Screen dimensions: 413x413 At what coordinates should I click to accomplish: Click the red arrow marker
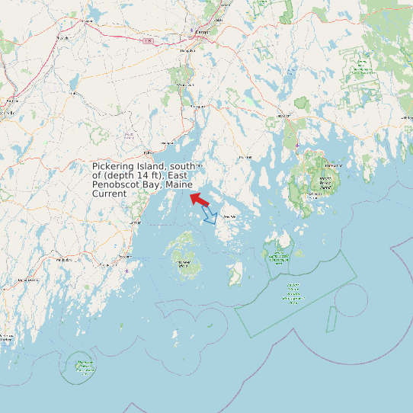pos(200,200)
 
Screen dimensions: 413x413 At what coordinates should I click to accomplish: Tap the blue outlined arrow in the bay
pos(212,218)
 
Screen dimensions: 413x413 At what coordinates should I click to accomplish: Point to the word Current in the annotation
pos(109,194)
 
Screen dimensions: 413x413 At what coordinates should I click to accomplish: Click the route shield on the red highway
pos(147,40)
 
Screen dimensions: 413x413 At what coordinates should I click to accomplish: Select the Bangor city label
pos(202,32)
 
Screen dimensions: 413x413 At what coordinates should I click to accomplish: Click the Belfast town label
pos(168,142)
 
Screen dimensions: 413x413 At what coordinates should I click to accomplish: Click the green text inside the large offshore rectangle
pos(293,293)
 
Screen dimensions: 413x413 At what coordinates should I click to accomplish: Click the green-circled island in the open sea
pos(80,366)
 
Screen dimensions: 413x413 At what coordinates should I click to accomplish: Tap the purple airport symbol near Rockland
pos(126,270)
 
